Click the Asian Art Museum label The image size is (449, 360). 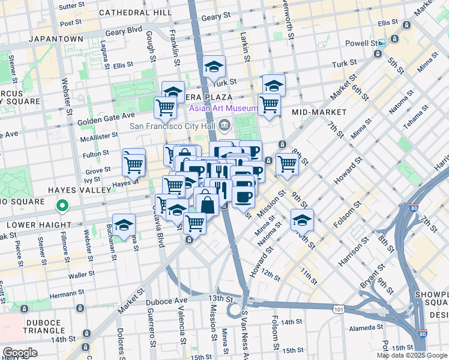(x=224, y=109)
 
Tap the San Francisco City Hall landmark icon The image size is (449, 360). (x=224, y=126)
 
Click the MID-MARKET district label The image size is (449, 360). (x=319, y=112)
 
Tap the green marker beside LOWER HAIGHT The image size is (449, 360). (x=62, y=207)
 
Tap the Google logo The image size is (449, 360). (x=20, y=352)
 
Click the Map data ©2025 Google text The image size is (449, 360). (x=411, y=355)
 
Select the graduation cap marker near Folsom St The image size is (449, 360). (x=302, y=220)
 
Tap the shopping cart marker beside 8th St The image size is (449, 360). (x=288, y=163)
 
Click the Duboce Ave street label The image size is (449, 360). (x=173, y=299)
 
